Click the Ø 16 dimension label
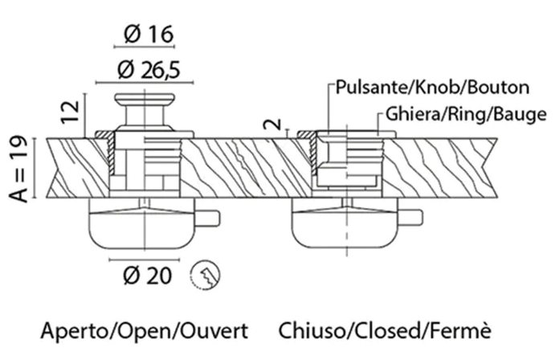pos(149,35)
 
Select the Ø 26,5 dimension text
pos(149,70)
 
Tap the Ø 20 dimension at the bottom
pos(147,276)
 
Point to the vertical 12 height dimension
pos(70,112)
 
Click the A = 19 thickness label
pos(18,169)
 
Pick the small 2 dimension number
pos(272,125)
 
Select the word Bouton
pos(498,88)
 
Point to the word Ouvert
pos(214,331)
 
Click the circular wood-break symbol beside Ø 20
pos(205,275)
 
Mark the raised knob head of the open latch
pos(145,99)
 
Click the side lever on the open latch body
pos(207,219)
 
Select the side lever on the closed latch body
pos(410,218)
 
